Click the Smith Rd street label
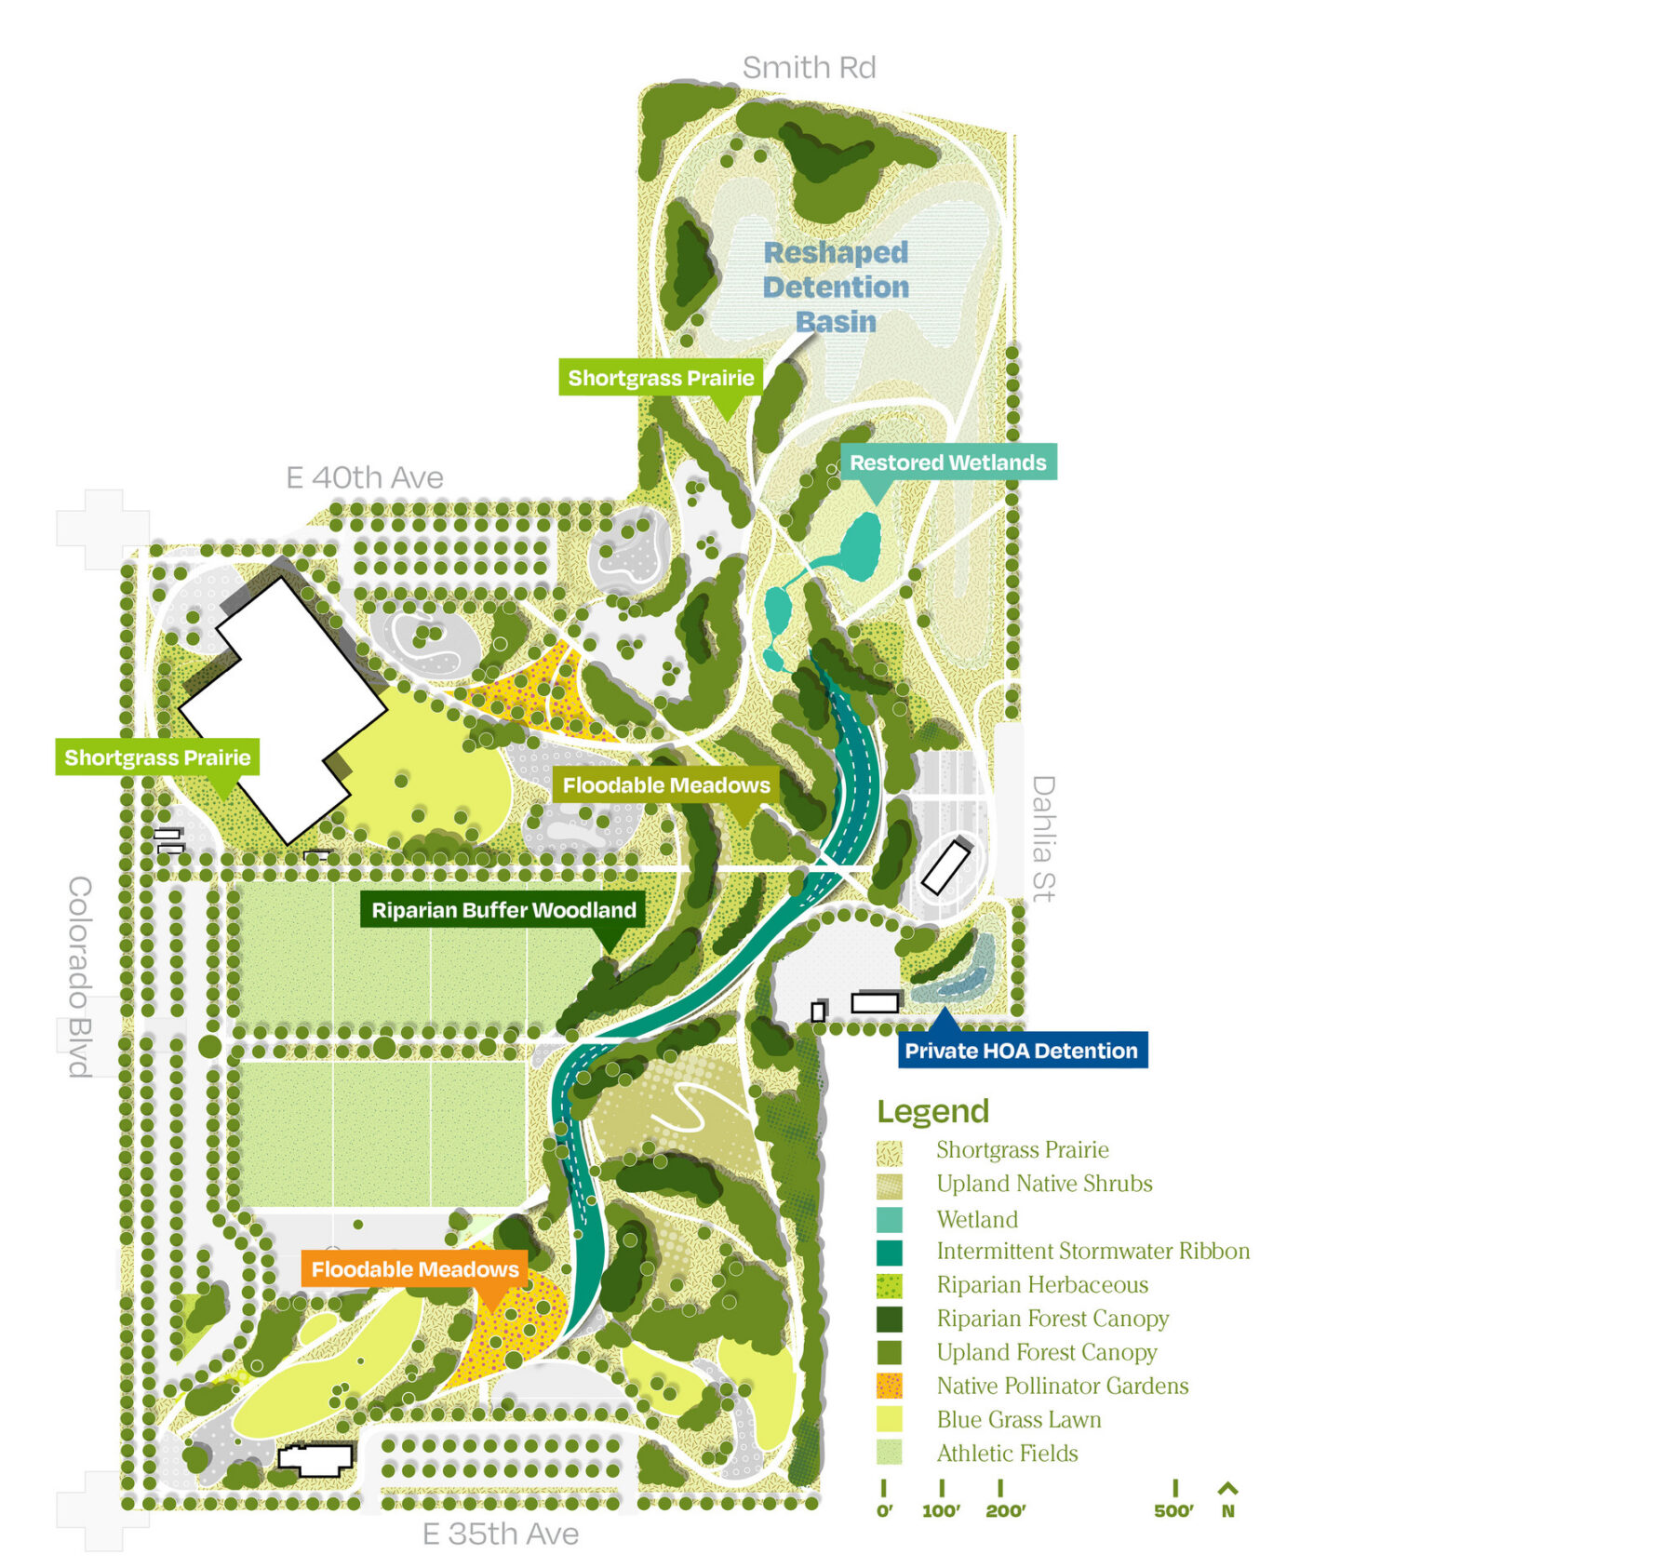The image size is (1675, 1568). coord(809,68)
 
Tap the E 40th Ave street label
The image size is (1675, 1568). coord(364,477)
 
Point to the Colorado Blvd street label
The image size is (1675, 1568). coord(80,976)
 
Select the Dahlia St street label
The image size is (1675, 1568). coord(1044,838)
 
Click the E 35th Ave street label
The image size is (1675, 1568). coord(500,1534)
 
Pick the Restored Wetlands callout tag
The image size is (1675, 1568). coord(947,462)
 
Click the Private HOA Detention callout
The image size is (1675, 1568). coord(1021,1051)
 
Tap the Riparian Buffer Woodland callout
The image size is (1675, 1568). coord(503,910)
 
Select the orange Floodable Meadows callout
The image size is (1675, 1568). coord(415,1269)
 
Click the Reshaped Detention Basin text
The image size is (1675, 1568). coord(836,287)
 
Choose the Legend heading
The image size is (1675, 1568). coord(932,1111)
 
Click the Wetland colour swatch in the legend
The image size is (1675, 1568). coord(889,1219)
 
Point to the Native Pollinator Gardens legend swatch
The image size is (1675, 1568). coord(889,1386)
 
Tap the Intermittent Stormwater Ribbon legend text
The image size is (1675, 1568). coord(1092,1252)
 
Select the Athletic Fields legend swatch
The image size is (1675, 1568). coord(889,1453)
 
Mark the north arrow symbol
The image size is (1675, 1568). coord(1227,1488)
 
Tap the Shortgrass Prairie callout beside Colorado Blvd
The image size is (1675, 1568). coord(157,757)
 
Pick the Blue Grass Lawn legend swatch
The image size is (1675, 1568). coord(889,1419)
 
